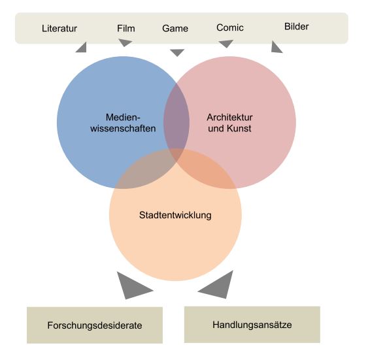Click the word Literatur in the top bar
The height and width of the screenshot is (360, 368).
click(x=59, y=28)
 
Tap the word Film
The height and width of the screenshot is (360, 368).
click(x=126, y=28)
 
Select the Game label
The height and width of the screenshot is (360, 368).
click(x=175, y=28)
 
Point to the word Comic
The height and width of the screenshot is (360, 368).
click(x=230, y=27)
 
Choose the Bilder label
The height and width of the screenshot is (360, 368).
click(x=296, y=27)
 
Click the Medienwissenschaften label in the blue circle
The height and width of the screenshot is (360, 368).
click(x=123, y=123)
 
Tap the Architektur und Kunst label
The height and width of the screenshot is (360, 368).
click(x=229, y=123)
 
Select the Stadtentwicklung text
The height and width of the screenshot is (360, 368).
click(x=175, y=215)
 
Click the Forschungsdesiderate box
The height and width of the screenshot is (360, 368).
click(x=95, y=325)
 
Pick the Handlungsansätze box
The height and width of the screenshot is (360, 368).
click(x=252, y=324)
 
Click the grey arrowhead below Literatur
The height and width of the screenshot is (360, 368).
click(x=82, y=48)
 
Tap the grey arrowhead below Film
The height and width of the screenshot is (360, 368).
click(x=124, y=42)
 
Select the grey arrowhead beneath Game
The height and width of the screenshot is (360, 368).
click(x=177, y=52)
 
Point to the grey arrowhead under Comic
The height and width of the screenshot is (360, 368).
click(x=226, y=43)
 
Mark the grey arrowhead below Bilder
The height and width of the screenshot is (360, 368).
click(x=276, y=48)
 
